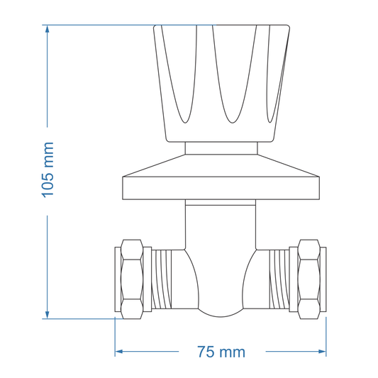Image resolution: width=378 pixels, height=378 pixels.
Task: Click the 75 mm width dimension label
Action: coord(221,352)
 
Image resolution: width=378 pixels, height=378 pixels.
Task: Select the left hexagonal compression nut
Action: coord(132,278)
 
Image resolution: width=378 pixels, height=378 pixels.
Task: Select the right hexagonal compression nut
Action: coord(309,278)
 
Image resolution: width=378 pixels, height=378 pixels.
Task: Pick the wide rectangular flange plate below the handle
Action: coord(221,188)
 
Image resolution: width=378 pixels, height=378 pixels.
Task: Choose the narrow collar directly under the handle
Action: coord(221,148)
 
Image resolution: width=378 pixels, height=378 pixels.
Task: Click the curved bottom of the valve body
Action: coord(221,311)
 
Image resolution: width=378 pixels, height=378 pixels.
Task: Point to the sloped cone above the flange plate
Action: coord(221,165)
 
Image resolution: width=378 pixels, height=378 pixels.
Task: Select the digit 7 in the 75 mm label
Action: coord(203,352)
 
